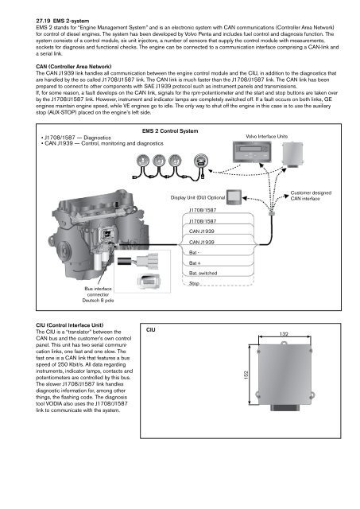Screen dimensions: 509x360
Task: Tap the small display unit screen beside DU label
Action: pos(237,195)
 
